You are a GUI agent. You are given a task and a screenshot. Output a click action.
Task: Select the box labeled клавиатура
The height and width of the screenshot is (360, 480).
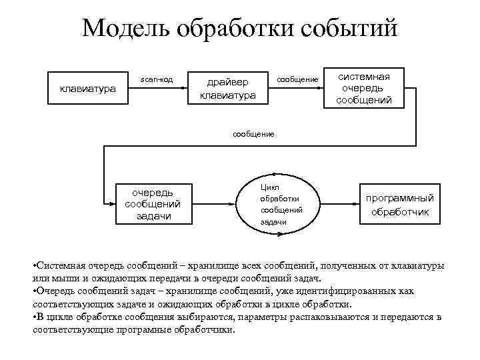(87, 87)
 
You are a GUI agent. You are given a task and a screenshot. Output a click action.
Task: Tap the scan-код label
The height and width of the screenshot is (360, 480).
(156, 80)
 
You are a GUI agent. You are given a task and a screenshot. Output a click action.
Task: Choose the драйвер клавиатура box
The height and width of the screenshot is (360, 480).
(228, 88)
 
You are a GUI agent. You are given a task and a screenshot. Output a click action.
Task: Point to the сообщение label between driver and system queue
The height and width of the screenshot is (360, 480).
(297, 80)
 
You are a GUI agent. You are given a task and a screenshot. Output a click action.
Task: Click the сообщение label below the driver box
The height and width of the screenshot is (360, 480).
(253, 134)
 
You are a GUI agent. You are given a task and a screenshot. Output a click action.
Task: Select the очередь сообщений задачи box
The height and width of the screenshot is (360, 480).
(153, 204)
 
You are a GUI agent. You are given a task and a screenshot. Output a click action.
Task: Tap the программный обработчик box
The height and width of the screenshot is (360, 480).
(399, 205)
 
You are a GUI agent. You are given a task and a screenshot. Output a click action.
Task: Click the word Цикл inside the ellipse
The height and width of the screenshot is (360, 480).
(270, 187)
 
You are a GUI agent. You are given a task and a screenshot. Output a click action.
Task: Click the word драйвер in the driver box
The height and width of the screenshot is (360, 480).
(228, 82)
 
